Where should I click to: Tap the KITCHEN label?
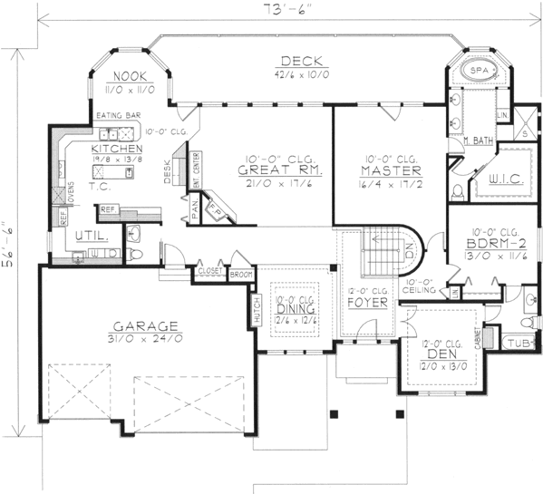[x=115, y=148]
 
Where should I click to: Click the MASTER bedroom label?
[x=389, y=170]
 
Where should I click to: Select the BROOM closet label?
[x=240, y=273]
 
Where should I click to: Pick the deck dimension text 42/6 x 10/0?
[x=298, y=73]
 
